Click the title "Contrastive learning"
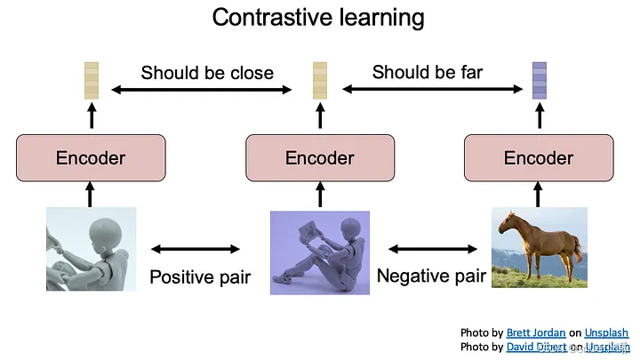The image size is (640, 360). (318, 17)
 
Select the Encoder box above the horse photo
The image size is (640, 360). (539, 158)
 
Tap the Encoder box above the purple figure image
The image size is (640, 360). (320, 158)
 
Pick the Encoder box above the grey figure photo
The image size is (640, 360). (91, 158)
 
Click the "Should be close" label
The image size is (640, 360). (207, 73)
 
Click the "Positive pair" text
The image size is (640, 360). (200, 276)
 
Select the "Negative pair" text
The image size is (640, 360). (431, 276)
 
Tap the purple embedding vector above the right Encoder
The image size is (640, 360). (539, 80)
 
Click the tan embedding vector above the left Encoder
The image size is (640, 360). (91, 80)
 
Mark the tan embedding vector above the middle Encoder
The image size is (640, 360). (320, 80)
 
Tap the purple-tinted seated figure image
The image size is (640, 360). (320, 253)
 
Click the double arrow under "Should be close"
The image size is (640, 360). (202, 89)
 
